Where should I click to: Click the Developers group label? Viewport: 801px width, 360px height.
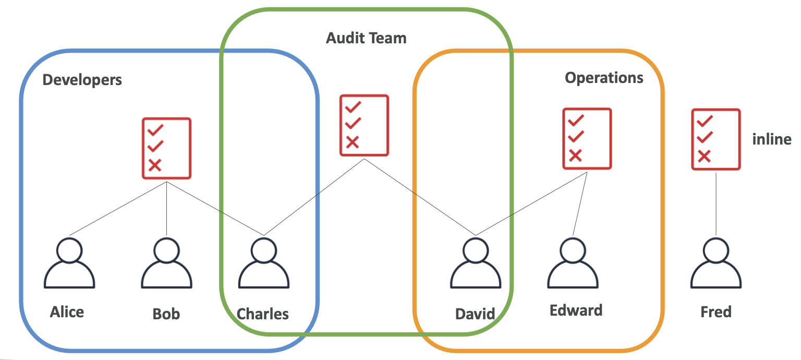82,80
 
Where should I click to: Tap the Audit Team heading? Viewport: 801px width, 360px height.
366,38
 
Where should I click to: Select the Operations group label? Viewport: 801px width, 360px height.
604,78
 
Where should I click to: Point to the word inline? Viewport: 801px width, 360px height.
771,139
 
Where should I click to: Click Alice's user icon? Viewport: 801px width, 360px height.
69,263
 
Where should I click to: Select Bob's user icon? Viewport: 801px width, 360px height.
166,263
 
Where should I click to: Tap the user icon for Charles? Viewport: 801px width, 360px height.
263,263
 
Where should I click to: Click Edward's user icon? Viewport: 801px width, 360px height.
573,263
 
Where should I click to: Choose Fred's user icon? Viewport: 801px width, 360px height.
716,263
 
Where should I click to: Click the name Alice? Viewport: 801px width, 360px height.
67,312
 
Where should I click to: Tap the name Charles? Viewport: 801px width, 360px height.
263,314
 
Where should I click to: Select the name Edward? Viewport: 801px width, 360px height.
576,310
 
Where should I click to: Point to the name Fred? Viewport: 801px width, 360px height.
716,312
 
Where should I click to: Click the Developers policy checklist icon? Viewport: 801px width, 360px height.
166,149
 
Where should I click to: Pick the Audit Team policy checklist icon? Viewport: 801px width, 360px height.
364,125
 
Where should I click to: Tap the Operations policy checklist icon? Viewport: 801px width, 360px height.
587,139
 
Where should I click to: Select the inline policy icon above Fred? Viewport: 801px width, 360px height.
715,139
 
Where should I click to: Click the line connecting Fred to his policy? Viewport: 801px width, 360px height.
716,203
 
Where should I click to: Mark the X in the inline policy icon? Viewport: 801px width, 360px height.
704,155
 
